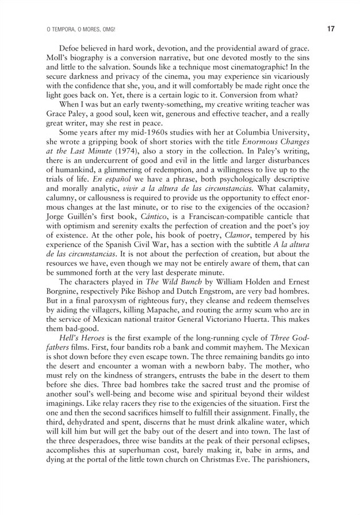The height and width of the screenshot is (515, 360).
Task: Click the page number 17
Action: click(330, 28)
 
